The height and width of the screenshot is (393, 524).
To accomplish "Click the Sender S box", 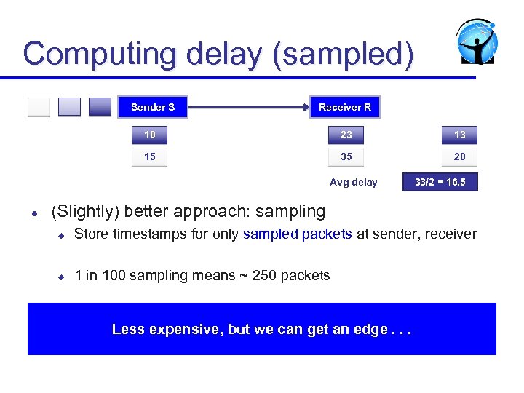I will (x=153, y=107).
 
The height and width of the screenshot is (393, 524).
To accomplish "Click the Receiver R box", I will (x=345, y=107).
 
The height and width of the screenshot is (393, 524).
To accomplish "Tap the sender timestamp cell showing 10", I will (x=149, y=135).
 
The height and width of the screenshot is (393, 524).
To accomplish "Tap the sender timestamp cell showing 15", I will (x=149, y=156).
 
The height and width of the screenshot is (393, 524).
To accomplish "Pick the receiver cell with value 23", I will (x=346, y=135).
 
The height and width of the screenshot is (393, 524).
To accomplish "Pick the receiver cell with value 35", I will (x=346, y=156).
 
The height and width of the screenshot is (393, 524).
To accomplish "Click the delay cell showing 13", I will (x=460, y=135).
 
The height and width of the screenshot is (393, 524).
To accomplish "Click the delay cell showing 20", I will (x=460, y=156).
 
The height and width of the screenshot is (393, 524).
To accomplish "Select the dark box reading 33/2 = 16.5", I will (x=440, y=182).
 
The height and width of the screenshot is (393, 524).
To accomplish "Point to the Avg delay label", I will (x=353, y=183).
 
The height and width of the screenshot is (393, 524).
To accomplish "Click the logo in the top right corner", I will (x=477, y=42).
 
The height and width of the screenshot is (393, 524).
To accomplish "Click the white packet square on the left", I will (x=39, y=107).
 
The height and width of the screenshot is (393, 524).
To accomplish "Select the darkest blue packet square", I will (x=100, y=107).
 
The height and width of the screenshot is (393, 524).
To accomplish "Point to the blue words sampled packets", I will (x=297, y=234).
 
